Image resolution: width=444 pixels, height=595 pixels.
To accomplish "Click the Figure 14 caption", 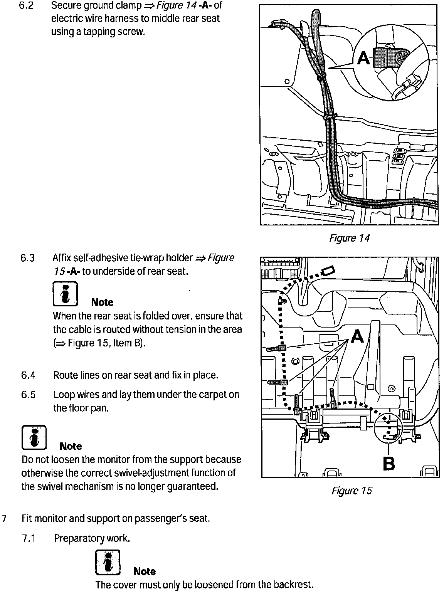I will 349,238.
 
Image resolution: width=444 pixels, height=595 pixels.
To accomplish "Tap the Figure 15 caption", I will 351,491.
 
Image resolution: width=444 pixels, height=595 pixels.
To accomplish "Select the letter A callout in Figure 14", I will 364,59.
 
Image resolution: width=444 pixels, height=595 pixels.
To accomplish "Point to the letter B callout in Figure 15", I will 389,463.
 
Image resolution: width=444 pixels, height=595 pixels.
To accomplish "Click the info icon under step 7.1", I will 108,563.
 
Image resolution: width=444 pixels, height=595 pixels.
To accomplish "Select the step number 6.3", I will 28,258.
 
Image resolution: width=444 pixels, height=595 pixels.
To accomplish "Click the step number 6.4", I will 28,375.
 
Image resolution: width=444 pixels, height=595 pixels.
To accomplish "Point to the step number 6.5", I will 28,395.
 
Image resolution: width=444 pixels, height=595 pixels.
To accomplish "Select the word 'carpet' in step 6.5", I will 212,395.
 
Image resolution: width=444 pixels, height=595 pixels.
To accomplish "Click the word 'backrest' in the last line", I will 292,585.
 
